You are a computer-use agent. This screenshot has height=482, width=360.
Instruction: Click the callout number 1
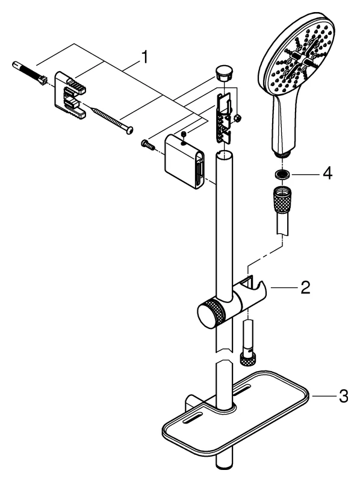coord(144,58)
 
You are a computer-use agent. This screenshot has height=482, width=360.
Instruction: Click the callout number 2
coord(305,287)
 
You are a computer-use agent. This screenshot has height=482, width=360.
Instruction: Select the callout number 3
coord(343,396)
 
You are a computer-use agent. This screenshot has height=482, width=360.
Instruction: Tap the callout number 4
coord(327,174)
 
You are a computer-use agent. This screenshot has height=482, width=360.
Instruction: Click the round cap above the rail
coord(224,72)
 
